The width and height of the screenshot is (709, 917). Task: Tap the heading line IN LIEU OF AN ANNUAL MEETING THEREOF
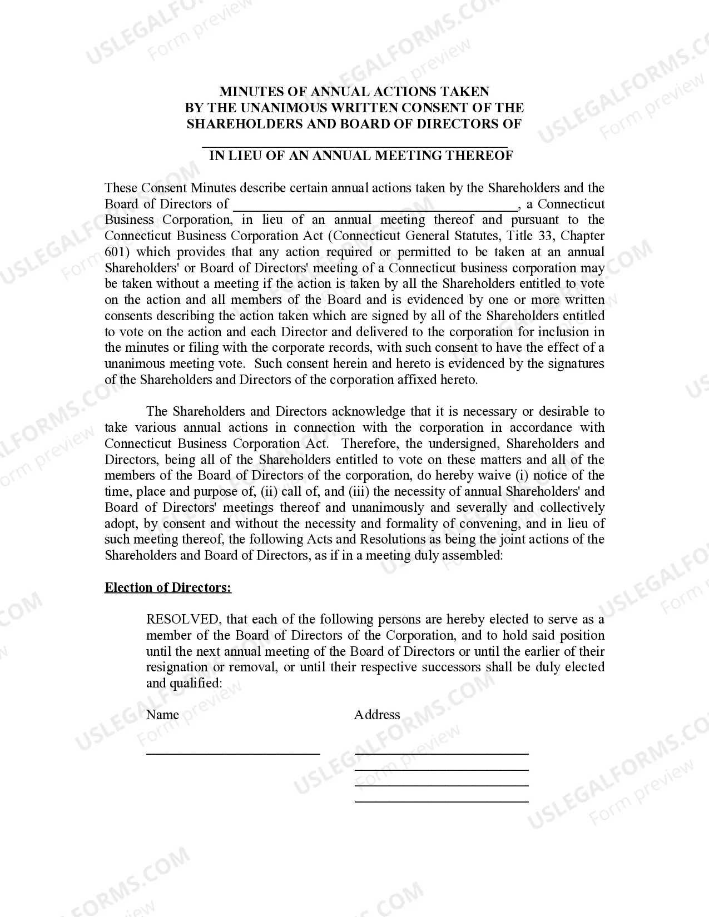[361, 156]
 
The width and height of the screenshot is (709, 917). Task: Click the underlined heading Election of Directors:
[168, 588]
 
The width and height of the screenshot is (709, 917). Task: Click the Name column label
[162, 715]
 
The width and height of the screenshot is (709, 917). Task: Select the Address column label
[377, 715]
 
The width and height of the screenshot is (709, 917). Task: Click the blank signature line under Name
[233, 752]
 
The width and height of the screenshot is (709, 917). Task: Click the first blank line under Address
[442, 752]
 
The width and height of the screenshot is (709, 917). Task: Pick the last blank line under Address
[442, 800]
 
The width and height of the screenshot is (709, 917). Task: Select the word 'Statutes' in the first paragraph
[475, 236]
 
